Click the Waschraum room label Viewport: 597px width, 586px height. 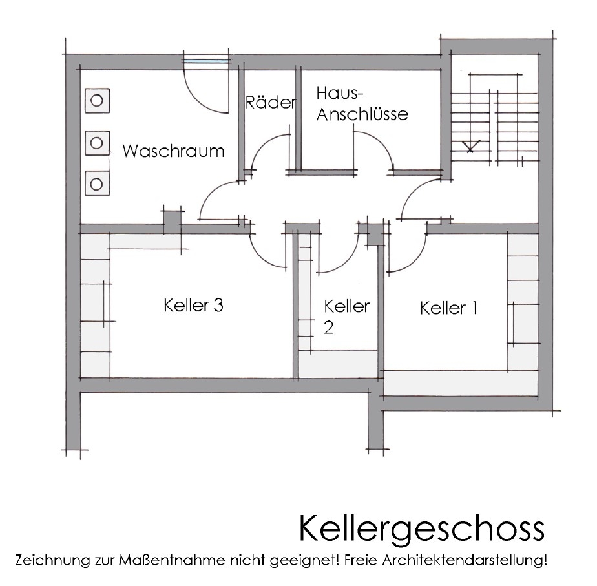[x=173, y=151]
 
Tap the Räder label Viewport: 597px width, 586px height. [x=271, y=103]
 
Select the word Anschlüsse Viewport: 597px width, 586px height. [x=362, y=114]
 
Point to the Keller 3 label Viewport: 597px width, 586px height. [x=193, y=306]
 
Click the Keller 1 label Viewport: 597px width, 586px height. [x=448, y=308]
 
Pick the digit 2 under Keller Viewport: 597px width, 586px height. [x=329, y=328]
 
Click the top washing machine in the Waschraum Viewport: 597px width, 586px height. [x=97, y=101]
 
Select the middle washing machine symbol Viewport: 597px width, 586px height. [x=97, y=143]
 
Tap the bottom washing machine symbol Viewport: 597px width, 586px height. [x=97, y=184]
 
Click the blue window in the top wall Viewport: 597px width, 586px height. [x=207, y=61]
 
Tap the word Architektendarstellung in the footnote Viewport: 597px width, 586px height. [x=465, y=561]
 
